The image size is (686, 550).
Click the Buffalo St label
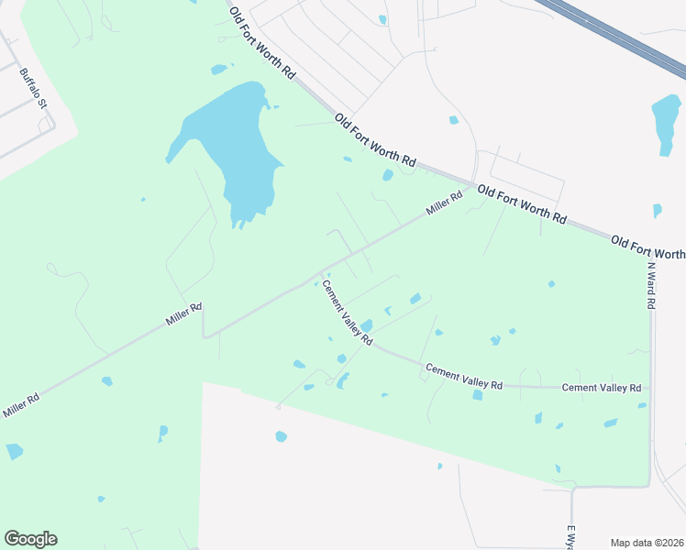click(33, 89)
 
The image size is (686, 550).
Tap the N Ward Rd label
click(650, 285)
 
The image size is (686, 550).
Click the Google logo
click(30, 539)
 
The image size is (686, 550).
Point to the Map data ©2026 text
click(647, 543)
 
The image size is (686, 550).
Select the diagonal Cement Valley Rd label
click(346, 313)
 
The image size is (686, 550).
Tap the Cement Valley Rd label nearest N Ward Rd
click(601, 388)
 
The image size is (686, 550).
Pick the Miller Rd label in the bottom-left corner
click(21, 405)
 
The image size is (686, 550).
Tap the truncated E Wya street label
click(570, 537)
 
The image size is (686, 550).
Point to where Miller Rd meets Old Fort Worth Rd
click(473, 185)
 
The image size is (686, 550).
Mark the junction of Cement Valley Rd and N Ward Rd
click(650, 388)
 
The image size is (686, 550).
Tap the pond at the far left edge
click(14, 451)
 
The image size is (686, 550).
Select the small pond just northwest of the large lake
click(218, 69)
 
